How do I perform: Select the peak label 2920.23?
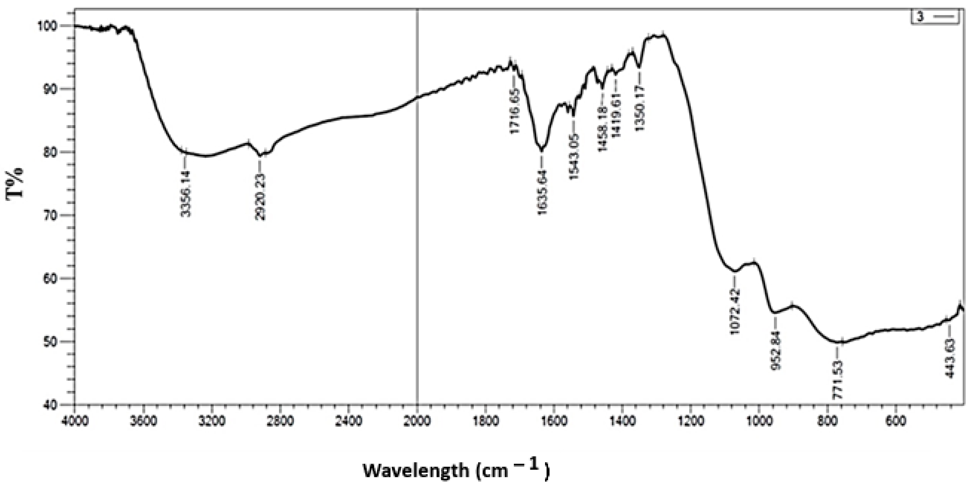click(x=260, y=197)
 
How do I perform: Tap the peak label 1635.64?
click(x=542, y=192)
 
